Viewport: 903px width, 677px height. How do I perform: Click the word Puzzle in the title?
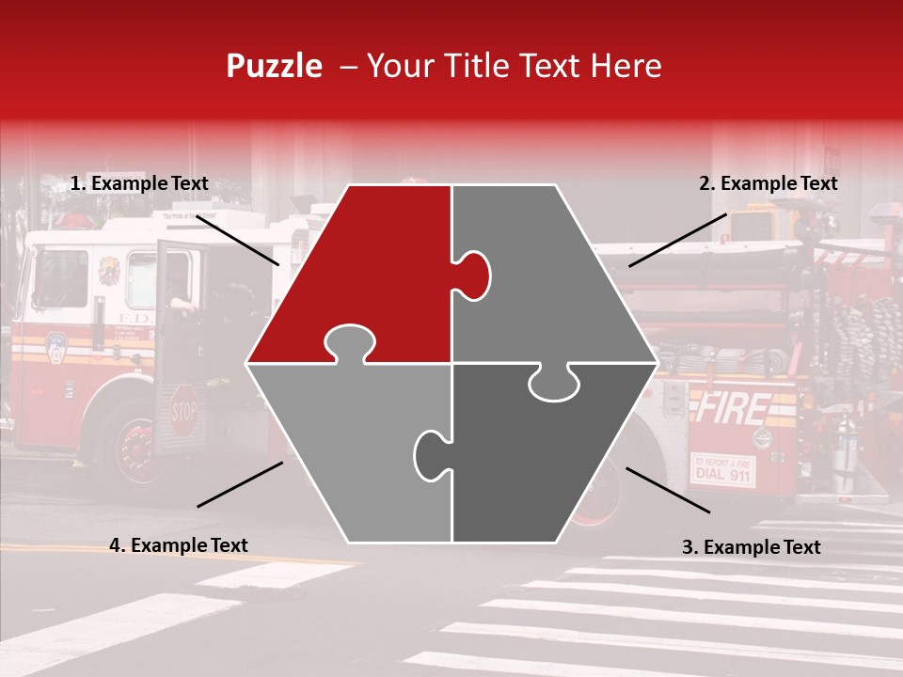pyautogui.click(x=274, y=66)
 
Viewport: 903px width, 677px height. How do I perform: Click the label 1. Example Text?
pyautogui.click(x=139, y=184)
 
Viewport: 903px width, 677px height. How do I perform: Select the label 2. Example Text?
pyautogui.click(x=768, y=184)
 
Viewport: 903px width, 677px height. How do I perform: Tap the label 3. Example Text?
pyautogui.click(x=751, y=547)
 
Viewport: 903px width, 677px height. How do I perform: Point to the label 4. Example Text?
pyautogui.click(x=179, y=545)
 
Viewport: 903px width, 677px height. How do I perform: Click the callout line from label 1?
pyautogui.click(x=237, y=239)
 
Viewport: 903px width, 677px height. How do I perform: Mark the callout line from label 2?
pyautogui.click(x=677, y=240)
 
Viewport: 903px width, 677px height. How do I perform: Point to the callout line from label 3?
pyautogui.click(x=668, y=490)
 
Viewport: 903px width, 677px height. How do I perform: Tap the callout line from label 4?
pyautogui.click(x=240, y=484)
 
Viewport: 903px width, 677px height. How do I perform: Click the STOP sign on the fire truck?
pyautogui.click(x=184, y=411)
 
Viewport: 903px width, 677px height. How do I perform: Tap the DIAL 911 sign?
pyautogui.click(x=722, y=469)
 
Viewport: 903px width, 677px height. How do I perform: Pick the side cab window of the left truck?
pyautogui.click(x=60, y=277)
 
